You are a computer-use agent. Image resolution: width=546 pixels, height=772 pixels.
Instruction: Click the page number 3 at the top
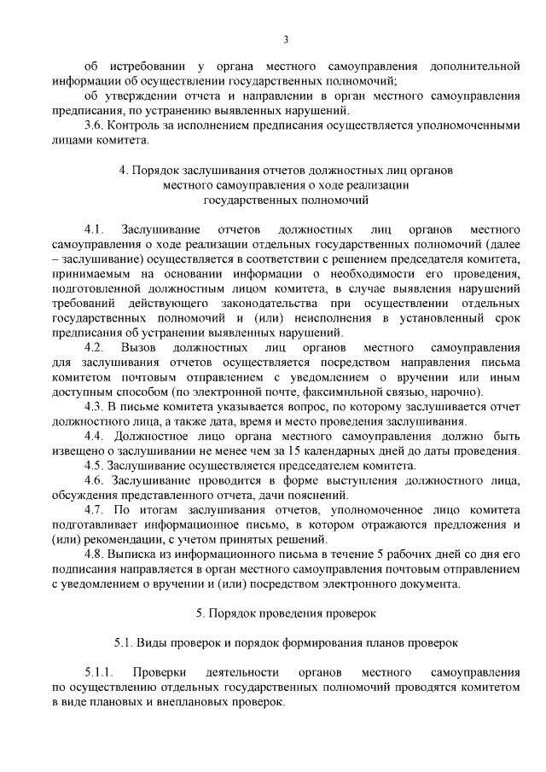287,38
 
